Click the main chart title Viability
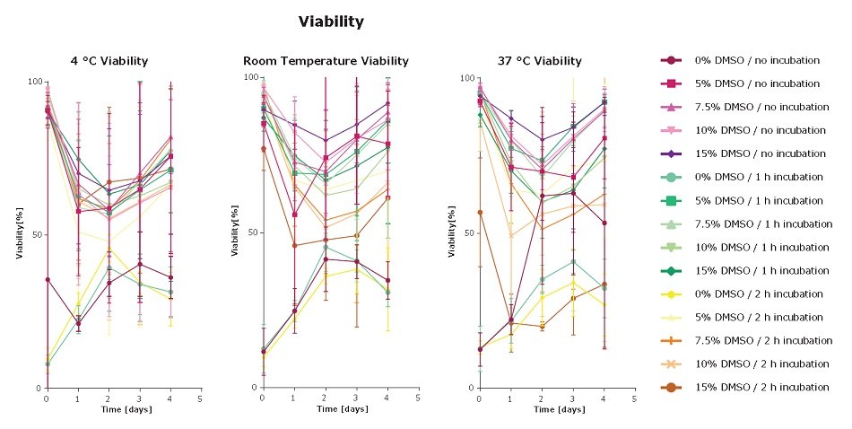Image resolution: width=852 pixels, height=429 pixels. click(x=331, y=20)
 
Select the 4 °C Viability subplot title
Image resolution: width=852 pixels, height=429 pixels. click(x=109, y=61)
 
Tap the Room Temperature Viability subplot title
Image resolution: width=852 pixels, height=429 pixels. click(x=326, y=61)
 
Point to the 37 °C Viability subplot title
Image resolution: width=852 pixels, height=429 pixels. click(x=539, y=61)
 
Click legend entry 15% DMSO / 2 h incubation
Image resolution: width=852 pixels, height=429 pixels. click(x=765, y=387)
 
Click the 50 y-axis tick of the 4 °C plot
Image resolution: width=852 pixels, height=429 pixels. click(x=36, y=235)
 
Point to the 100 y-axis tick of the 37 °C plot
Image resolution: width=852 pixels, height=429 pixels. click(x=466, y=78)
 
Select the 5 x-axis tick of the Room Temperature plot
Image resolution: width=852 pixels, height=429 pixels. click(x=417, y=397)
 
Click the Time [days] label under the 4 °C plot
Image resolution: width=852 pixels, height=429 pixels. click(x=123, y=408)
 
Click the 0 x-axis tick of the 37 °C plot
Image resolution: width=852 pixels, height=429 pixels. click(x=479, y=397)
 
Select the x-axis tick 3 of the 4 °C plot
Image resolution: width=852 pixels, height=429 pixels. click(x=139, y=397)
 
